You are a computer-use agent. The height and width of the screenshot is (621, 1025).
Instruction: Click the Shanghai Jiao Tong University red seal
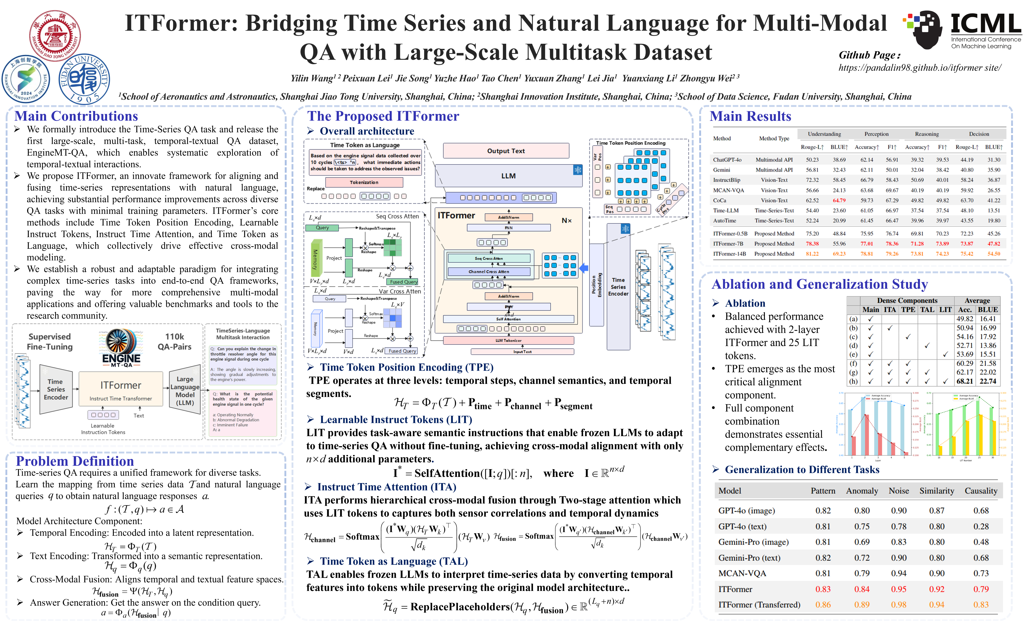tap(55, 36)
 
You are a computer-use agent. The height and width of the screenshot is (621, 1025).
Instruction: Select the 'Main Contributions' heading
tap(76, 116)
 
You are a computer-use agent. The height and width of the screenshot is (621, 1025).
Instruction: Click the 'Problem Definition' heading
tap(75, 461)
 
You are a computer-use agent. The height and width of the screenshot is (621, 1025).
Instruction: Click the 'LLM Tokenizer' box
tap(508, 340)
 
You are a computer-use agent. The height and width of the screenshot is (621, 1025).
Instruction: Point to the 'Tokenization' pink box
tap(364, 182)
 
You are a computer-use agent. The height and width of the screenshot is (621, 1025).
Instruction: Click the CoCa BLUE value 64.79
tap(839, 200)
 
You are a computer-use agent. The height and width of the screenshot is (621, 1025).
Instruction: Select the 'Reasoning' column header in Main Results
tap(927, 134)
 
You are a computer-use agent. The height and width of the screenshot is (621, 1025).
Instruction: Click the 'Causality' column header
tap(981, 491)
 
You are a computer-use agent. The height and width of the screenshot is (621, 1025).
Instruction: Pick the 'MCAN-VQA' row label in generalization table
tap(742, 573)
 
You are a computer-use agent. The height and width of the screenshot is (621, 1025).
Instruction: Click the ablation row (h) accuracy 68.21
tap(965, 381)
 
